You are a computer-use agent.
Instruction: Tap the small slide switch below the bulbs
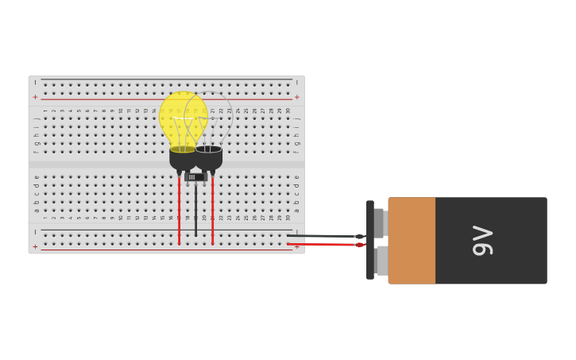tap(195, 177)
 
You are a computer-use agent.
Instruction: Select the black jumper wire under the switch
tap(195, 211)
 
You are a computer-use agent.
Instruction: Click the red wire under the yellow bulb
tap(180, 211)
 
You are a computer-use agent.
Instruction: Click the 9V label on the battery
tap(482, 241)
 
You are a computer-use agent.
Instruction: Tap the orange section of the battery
tap(412, 241)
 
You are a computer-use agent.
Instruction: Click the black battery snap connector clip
tap(370, 240)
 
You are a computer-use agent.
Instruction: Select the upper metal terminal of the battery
tap(380, 223)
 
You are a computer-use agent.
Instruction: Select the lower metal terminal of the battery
tap(382, 260)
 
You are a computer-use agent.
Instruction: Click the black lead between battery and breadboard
tap(322, 236)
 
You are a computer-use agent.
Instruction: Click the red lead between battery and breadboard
tap(322, 244)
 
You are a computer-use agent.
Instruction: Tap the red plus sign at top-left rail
tap(35, 97)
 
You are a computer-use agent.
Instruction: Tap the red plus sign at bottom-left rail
tap(35, 247)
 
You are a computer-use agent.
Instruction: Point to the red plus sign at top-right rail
tap(297, 97)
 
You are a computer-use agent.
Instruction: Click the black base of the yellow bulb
tap(182, 158)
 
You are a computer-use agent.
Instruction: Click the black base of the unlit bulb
tap(210, 158)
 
